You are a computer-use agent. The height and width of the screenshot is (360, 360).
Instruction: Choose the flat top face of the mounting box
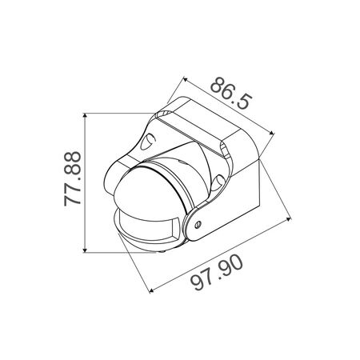(x=200, y=124)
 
